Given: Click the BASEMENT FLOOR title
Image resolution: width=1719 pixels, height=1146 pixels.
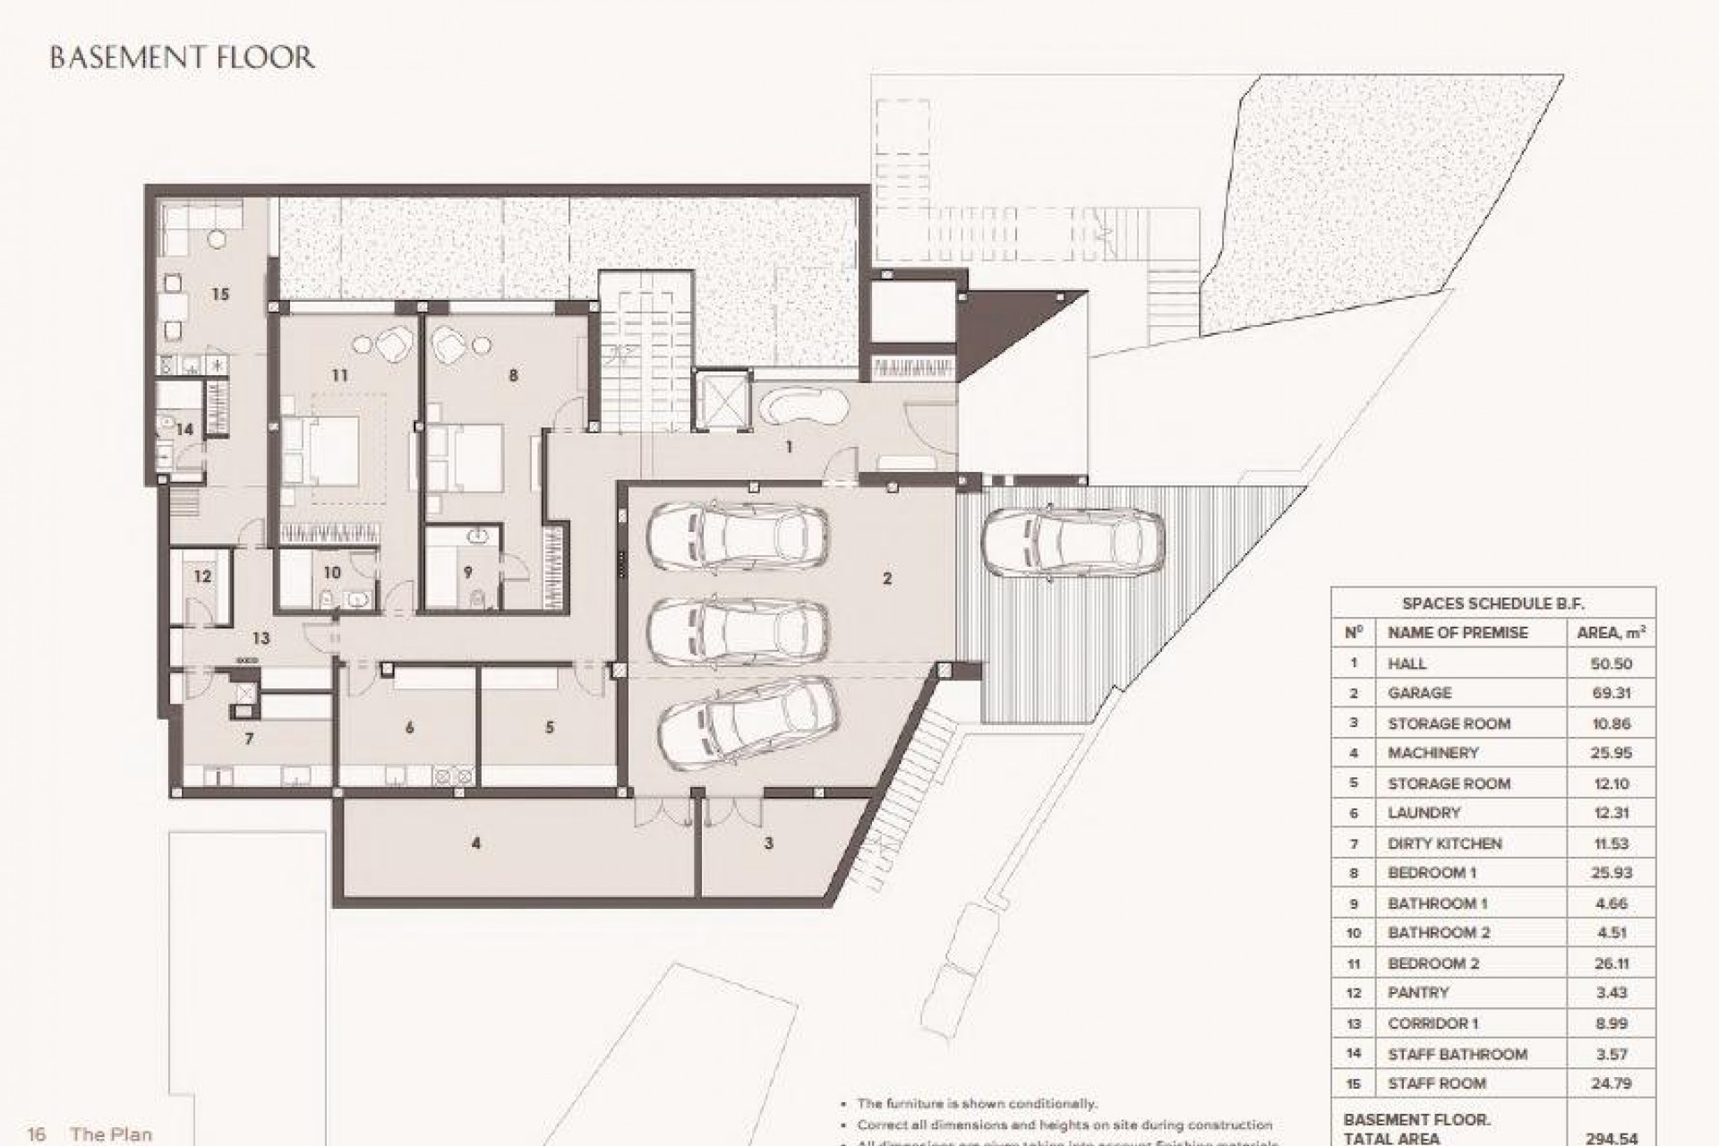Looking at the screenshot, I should pyautogui.click(x=182, y=58).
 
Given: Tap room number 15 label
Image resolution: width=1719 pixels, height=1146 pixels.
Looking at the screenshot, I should pyautogui.click(x=219, y=295).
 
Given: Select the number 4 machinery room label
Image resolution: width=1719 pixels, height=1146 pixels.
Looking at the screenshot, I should pyautogui.click(x=476, y=843).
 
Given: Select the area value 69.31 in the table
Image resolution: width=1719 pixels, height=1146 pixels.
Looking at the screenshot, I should pyautogui.click(x=1611, y=693).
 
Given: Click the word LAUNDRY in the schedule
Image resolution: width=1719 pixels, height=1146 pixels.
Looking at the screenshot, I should pyautogui.click(x=1424, y=813).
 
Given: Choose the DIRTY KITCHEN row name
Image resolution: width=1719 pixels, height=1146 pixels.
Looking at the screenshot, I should pyautogui.click(x=1444, y=843).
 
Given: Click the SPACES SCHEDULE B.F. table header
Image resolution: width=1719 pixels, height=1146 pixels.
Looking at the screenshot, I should pyautogui.click(x=1492, y=604).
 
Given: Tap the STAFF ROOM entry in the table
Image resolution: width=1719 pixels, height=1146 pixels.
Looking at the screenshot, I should pyautogui.click(x=1436, y=1083).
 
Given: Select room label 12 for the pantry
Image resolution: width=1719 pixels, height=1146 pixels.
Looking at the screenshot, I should pyautogui.click(x=202, y=576).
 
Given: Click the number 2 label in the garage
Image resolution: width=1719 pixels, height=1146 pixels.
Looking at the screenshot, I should pyautogui.click(x=886, y=579).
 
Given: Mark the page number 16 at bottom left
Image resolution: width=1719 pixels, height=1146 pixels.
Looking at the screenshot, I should pyautogui.click(x=37, y=1134).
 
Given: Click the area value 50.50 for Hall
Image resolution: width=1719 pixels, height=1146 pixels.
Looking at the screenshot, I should pyautogui.click(x=1611, y=663).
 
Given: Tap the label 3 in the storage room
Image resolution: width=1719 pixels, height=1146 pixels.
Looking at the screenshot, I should pyautogui.click(x=768, y=843).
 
